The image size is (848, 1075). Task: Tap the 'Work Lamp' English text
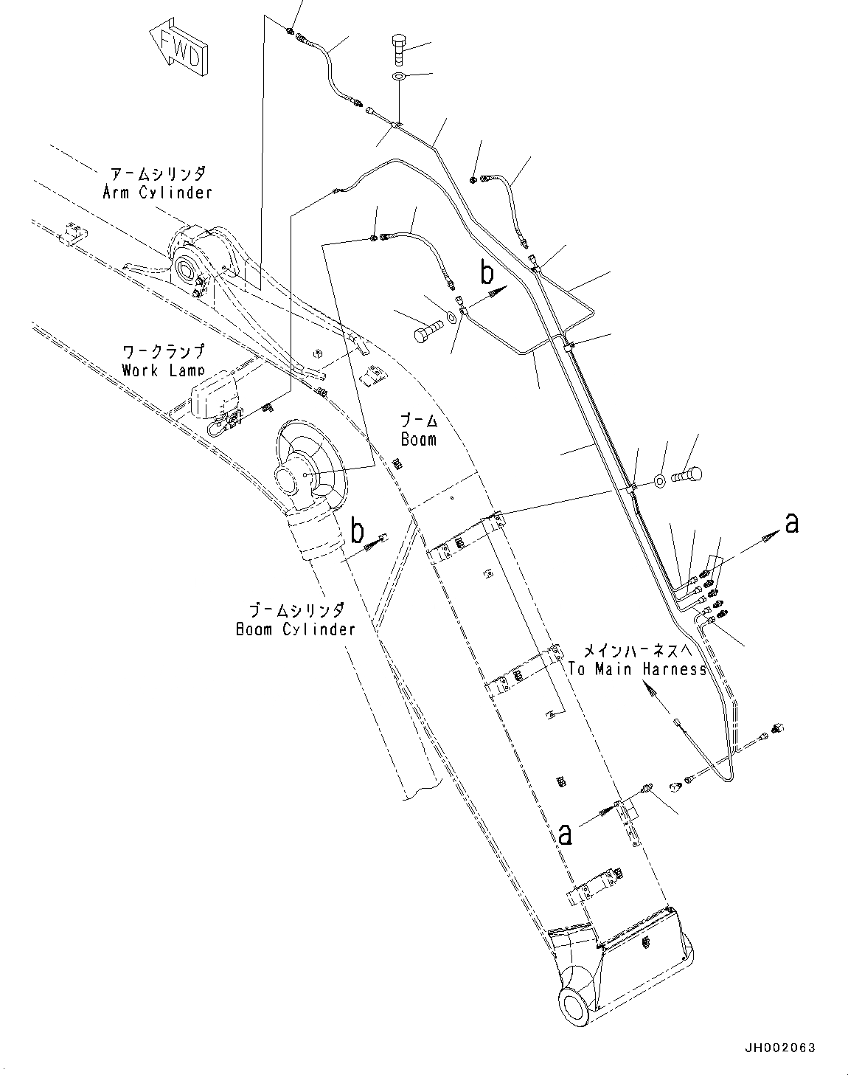tap(163, 370)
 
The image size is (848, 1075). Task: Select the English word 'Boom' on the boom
tap(418, 439)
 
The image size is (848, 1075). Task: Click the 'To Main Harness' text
tap(637, 669)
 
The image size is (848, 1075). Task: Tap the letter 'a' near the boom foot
tap(566, 834)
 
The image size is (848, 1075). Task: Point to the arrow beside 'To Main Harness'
tap(651, 690)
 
